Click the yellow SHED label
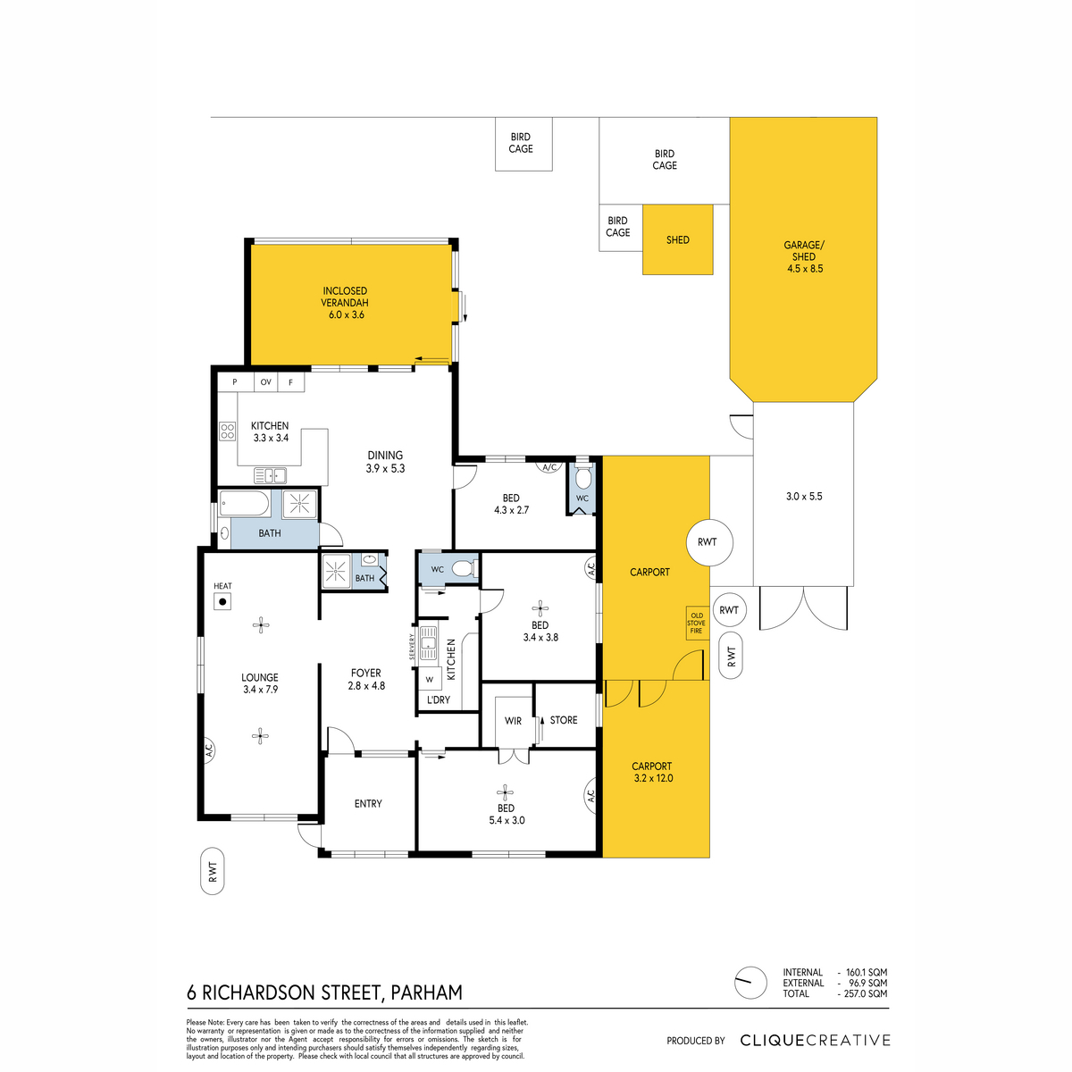(x=677, y=239)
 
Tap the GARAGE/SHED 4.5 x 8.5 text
(x=804, y=256)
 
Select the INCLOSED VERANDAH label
(x=345, y=297)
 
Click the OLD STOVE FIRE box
(x=697, y=623)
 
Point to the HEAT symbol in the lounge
(x=222, y=601)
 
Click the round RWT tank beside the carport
(x=709, y=542)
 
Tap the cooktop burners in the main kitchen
(x=227, y=431)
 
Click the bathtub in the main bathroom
(x=245, y=504)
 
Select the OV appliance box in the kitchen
(x=266, y=382)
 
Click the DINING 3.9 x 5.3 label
(x=385, y=462)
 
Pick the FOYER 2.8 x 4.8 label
(x=366, y=679)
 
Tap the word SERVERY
(x=412, y=647)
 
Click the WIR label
(x=513, y=721)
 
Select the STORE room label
(x=564, y=720)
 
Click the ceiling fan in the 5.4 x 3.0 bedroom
(x=505, y=792)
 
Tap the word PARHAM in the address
(x=427, y=992)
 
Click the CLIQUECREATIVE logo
(x=815, y=1040)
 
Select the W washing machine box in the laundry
(x=430, y=679)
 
